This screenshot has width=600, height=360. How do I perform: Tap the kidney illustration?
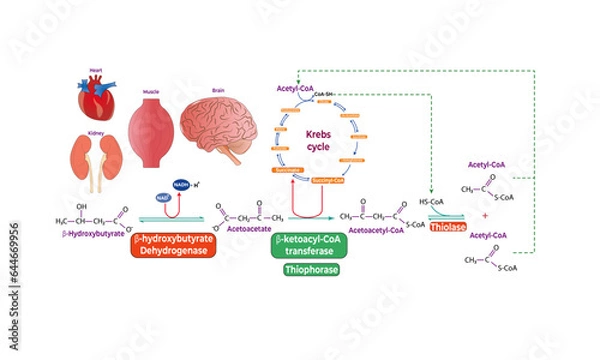pos(95,160)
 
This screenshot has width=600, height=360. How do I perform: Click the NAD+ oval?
pos(163,199)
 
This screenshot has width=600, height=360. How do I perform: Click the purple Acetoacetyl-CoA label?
pos(376,229)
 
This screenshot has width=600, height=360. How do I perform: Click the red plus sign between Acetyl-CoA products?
pos(485,215)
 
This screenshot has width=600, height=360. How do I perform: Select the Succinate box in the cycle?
pos(287,183)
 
